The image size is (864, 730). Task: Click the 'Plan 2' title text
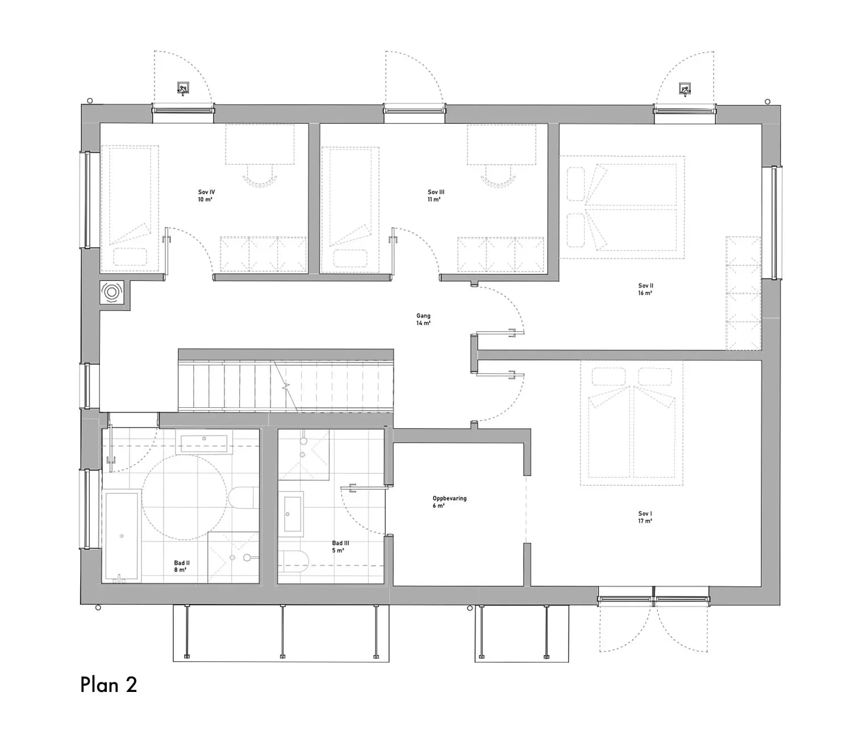pos(108,685)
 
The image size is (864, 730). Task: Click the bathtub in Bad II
pos(122,537)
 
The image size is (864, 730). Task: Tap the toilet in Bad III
pos(295,559)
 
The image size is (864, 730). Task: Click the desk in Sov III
pos(501,145)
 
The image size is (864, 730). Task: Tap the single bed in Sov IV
pos(130,207)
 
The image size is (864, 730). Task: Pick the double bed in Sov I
pos(631,423)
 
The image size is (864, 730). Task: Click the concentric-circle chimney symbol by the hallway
pos(112,293)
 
